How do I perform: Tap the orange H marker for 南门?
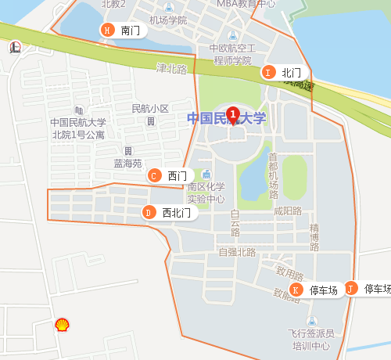tap(107, 31)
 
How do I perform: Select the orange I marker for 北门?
tap(268, 72)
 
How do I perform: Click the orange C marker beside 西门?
tap(155, 175)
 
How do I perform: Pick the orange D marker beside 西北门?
tap(149, 212)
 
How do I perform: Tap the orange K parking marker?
tap(296, 290)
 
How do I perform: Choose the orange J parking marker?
tap(351, 289)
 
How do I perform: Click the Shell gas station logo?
tap(61, 324)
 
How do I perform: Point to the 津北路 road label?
tap(172, 69)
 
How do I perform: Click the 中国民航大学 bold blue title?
tap(227, 119)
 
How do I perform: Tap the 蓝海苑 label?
tap(127, 164)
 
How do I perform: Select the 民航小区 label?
tap(150, 108)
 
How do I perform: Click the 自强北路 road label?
tap(238, 252)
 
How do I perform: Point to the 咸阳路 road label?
tap(288, 211)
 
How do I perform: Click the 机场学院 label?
tap(168, 20)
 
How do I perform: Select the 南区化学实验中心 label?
tap(206, 193)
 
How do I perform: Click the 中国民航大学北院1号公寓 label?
tap(78, 128)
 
